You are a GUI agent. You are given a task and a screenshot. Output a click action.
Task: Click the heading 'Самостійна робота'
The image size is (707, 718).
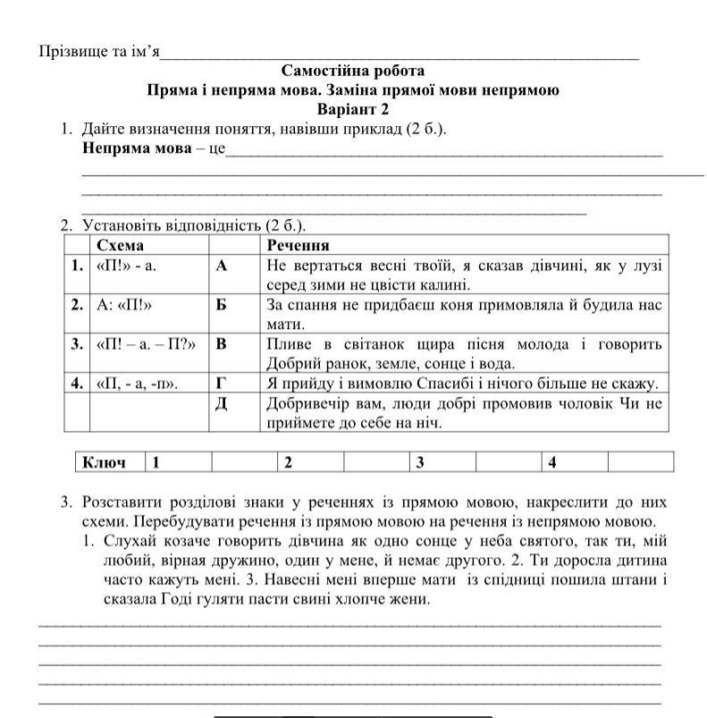[353, 71]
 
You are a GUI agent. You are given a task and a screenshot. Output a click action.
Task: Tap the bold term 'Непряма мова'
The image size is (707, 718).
[137, 148]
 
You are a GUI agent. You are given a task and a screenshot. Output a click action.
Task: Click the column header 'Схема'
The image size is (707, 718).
[121, 245]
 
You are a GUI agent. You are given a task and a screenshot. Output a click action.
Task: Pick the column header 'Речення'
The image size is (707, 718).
[299, 245]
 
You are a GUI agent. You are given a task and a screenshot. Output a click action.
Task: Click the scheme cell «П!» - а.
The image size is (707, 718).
[126, 266]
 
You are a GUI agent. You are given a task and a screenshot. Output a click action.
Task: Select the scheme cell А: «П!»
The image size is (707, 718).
[124, 305]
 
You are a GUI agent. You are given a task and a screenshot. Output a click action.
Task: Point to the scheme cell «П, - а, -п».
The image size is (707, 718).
[137, 384]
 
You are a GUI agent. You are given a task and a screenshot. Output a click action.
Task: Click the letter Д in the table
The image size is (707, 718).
[223, 403]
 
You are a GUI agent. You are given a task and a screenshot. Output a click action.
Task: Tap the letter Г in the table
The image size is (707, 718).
[223, 384]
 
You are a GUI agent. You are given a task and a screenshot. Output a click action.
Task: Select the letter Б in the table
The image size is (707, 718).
[223, 305]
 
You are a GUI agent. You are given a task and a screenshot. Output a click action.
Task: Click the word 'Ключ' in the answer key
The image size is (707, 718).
[105, 462]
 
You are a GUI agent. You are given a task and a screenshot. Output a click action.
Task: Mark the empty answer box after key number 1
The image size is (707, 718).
[244, 462]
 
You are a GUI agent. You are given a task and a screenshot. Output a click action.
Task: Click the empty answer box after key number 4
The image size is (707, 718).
[640, 462]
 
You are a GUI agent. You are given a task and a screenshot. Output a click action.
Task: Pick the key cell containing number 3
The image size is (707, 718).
[442, 462]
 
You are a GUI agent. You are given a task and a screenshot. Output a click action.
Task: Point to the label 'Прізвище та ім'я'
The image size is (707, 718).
[99, 52]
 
